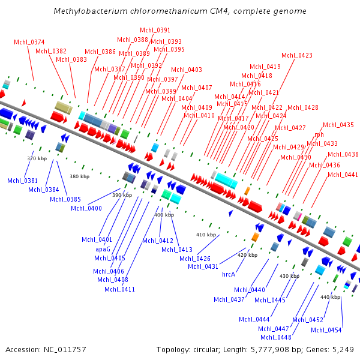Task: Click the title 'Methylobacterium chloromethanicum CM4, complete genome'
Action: click(180, 11)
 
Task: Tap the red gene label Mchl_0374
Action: click(29, 42)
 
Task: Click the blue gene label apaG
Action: click(103, 248)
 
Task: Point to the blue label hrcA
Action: click(229, 274)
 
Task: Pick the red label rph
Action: click(319, 135)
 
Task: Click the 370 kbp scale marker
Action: click(37, 158)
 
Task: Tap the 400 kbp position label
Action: click(164, 215)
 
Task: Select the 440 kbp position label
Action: click(330, 297)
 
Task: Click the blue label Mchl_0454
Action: click(326, 330)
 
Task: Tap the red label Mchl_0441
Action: click(343, 175)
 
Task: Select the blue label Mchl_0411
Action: click(120, 289)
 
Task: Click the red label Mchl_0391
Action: click(155, 30)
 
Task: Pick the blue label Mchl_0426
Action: click(196, 259)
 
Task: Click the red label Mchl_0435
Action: click(338, 125)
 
